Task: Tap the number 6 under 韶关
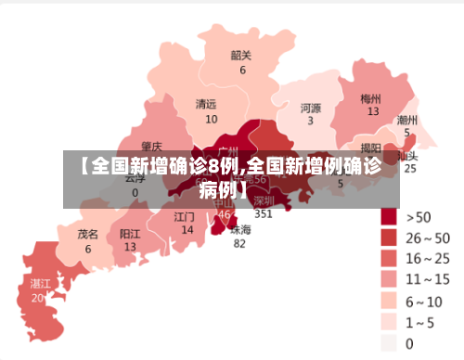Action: click(x=243, y=70)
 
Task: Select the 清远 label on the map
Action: click(x=206, y=104)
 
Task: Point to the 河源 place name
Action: click(x=311, y=107)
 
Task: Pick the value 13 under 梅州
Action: click(x=373, y=111)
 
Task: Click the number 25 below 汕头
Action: click(x=410, y=168)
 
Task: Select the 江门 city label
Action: click(x=185, y=216)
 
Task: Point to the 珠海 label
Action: click(x=240, y=229)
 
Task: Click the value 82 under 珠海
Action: click(x=239, y=244)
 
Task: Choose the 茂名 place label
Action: click(x=88, y=235)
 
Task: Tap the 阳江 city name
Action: click(x=130, y=234)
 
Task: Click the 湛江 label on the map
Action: click(x=40, y=283)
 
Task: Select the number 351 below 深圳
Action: click(x=264, y=213)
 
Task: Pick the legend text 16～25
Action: click(x=430, y=258)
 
